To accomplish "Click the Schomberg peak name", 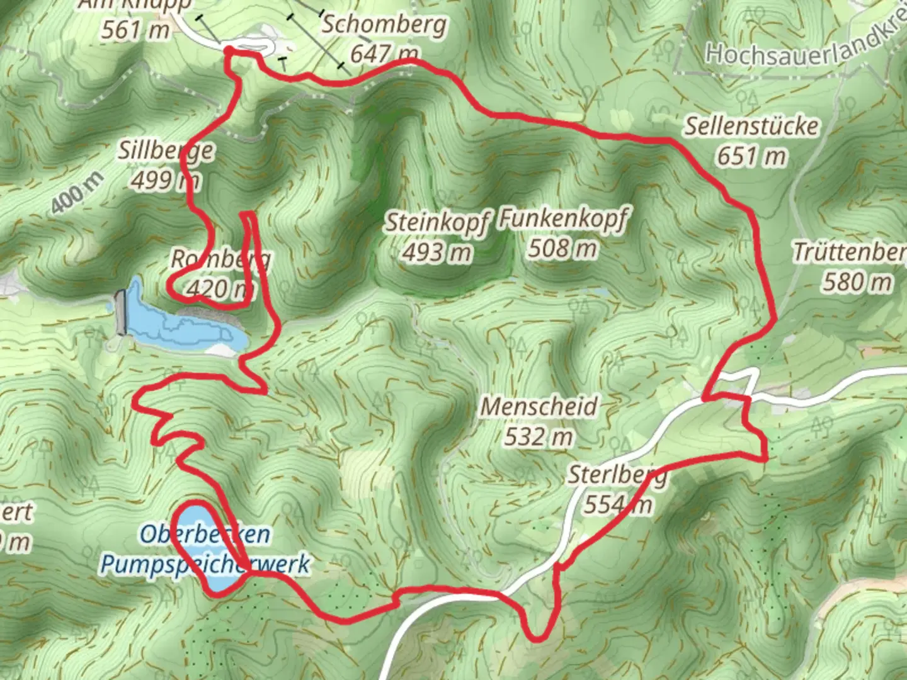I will pos(384,26).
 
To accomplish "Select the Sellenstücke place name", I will pos(751,127).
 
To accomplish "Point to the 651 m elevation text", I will pos(751,156).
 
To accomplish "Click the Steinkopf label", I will pos(436,224).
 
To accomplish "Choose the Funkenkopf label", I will pos(563,220).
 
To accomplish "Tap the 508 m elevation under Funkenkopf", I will pos(562,249).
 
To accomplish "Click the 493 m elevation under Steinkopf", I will pos(436,252).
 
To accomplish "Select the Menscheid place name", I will pos(539,407).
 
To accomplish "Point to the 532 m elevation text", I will pos(539,436).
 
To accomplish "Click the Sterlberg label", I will pos(617,475).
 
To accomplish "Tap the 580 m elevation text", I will pos(857,281).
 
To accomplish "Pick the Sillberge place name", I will pos(166,151).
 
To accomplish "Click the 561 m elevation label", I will pos(135,30).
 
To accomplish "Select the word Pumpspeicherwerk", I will pos(205,564).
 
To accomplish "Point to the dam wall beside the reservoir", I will pos(121,312).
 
